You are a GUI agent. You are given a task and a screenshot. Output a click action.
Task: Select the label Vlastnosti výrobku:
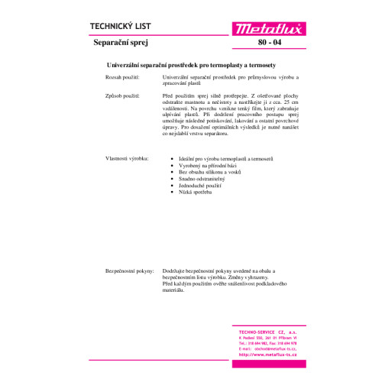[x=127, y=158]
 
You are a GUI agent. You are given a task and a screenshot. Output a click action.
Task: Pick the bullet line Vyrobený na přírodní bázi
[x=212, y=164]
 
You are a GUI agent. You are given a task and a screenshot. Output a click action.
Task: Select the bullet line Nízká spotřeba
[x=196, y=192]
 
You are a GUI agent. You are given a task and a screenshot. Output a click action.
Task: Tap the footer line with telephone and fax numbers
[x=263, y=342]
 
